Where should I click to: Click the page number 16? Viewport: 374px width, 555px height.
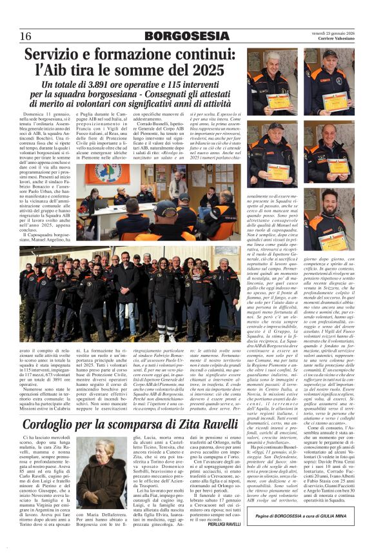pyautogui.click(x=25, y=35)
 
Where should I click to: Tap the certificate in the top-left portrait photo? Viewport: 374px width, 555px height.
pyautogui.click(x=278, y=101)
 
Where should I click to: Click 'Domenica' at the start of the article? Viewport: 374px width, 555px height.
pyautogui.click(x=36, y=114)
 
